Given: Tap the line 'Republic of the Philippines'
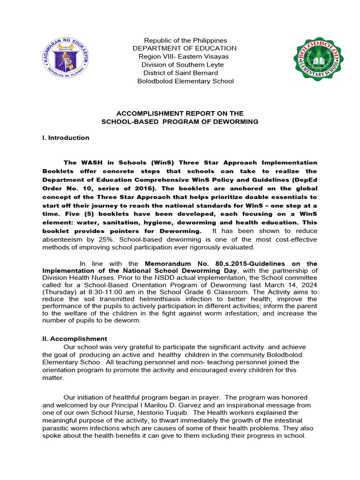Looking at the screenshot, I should pyautogui.click(x=185, y=41).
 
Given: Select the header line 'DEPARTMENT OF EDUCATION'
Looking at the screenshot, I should pyautogui.click(x=185, y=49).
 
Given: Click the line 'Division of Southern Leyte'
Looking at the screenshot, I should pyautogui.click(x=182, y=65).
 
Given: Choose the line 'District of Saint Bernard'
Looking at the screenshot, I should pyautogui.click(x=180, y=73).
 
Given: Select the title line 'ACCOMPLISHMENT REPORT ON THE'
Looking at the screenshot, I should pyautogui.click(x=180, y=113).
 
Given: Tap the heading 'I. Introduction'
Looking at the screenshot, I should pyautogui.click(x=66, y=138).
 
